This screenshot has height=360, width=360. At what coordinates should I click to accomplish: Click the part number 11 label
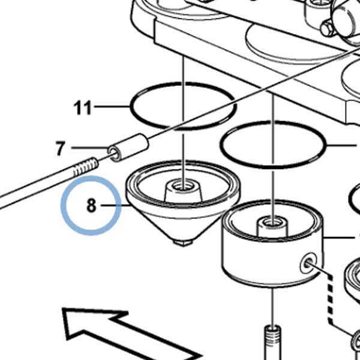point(82,107)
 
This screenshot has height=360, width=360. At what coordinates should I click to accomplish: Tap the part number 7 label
point(61,148)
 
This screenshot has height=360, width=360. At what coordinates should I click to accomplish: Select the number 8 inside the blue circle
point(91,205)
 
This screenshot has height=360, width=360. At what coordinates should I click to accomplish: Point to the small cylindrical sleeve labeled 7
point(128,147)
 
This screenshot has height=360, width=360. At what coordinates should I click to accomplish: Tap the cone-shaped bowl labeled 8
point(183,202)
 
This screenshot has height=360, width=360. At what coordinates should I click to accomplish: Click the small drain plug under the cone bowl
point(183,243)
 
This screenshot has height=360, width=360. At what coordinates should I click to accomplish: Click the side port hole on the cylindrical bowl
point(308,263)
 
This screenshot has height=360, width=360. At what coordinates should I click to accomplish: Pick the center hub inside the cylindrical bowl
point(272,227)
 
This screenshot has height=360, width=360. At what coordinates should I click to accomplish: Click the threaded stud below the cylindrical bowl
point(273,342)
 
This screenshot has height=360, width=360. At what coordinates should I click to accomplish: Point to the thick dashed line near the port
point(329,298)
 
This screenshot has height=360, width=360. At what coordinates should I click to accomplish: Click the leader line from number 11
point(112,107)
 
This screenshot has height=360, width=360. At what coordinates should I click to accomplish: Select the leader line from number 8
point(116,205)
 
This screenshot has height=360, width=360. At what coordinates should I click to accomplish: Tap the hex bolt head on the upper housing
point(326,29)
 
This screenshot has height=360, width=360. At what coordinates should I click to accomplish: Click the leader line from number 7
point(90,148)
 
